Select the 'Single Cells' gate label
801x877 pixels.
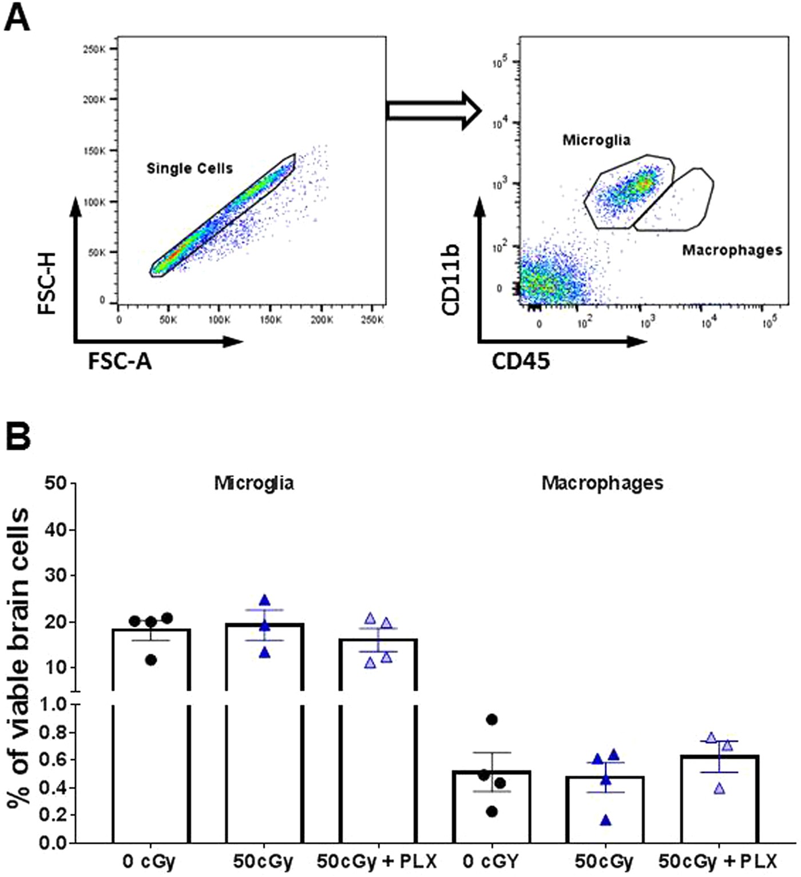(x=189, y=169)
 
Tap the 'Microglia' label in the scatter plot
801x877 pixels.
(x=596, y=140)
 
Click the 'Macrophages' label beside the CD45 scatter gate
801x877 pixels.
(x=732, y=250)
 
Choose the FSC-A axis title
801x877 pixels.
(x=120, y=361)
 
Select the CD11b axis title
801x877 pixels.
(x=451, y=280)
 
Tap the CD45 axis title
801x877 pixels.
(x=521, y=361)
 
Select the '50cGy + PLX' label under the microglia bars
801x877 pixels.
(x=377, y=861)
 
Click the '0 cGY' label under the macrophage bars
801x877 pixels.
(x=490, y=861)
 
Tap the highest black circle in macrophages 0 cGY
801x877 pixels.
(x=492, y=719)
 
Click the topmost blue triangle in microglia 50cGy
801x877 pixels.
(x=264, y=600)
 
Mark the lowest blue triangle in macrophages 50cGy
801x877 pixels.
(x=606, y=821)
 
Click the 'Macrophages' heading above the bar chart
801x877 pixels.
(x=602, y=483)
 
